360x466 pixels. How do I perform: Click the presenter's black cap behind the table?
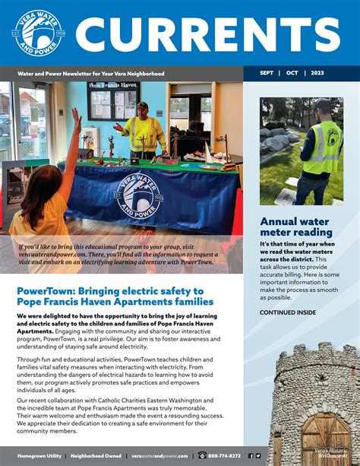point(142,106)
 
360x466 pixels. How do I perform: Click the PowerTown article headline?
point(115,296)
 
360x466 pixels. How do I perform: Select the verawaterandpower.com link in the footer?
point(159,455)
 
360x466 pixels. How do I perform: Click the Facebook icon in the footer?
point(250,455)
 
